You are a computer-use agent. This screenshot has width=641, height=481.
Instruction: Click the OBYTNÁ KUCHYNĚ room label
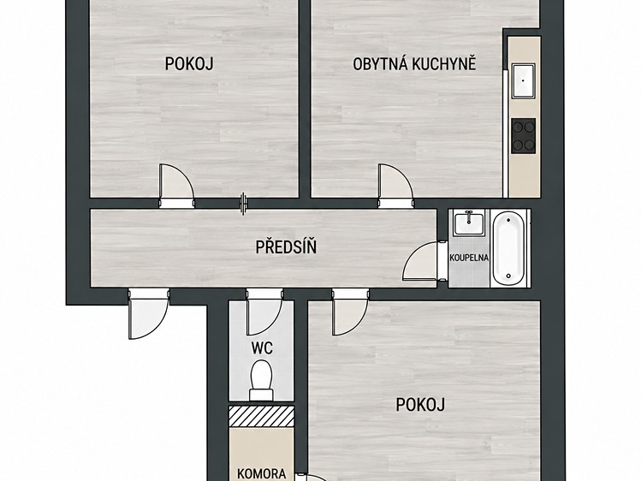point(414,64)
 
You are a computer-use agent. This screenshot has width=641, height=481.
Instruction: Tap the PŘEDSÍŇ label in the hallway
point(286,246)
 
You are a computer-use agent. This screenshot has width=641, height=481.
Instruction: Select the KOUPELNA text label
point(469,258)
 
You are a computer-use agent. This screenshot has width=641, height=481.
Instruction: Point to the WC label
point(262,348)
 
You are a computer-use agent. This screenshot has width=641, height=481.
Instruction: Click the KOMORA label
point(262,473)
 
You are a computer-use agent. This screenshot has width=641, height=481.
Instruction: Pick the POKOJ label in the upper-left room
point(189,63)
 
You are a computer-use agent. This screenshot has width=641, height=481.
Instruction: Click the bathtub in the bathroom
point(508,248)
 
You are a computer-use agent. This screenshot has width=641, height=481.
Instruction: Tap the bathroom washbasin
point(469,223)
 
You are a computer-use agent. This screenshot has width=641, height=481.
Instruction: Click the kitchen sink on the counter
point(523,81)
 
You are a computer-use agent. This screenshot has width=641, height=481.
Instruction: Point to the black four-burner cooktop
point(523,136)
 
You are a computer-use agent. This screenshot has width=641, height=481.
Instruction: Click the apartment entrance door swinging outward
point(149,314)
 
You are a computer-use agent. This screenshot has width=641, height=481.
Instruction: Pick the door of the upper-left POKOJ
point(176,186)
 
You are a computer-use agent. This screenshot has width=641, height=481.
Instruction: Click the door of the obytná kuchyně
point(395,186)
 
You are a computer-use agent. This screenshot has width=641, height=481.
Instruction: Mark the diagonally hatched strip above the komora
point(261,416)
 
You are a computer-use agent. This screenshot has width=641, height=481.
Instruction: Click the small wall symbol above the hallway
point(244,204)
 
